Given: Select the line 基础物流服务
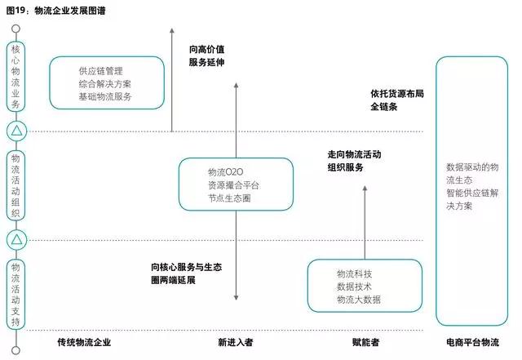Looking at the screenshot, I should [x=105, y=96].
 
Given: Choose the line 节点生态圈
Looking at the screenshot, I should [x=229, y=198].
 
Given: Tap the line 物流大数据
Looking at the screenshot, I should [x=358, y=300].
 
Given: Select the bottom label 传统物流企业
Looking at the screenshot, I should [x=84, y=342].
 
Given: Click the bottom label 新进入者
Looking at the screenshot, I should [x=235, y=342].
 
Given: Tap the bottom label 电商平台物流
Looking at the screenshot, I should [x=472, y=342].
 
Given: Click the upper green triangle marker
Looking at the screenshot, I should [x=18, y=131].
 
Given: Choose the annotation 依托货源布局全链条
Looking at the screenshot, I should [x=397, y=100].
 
